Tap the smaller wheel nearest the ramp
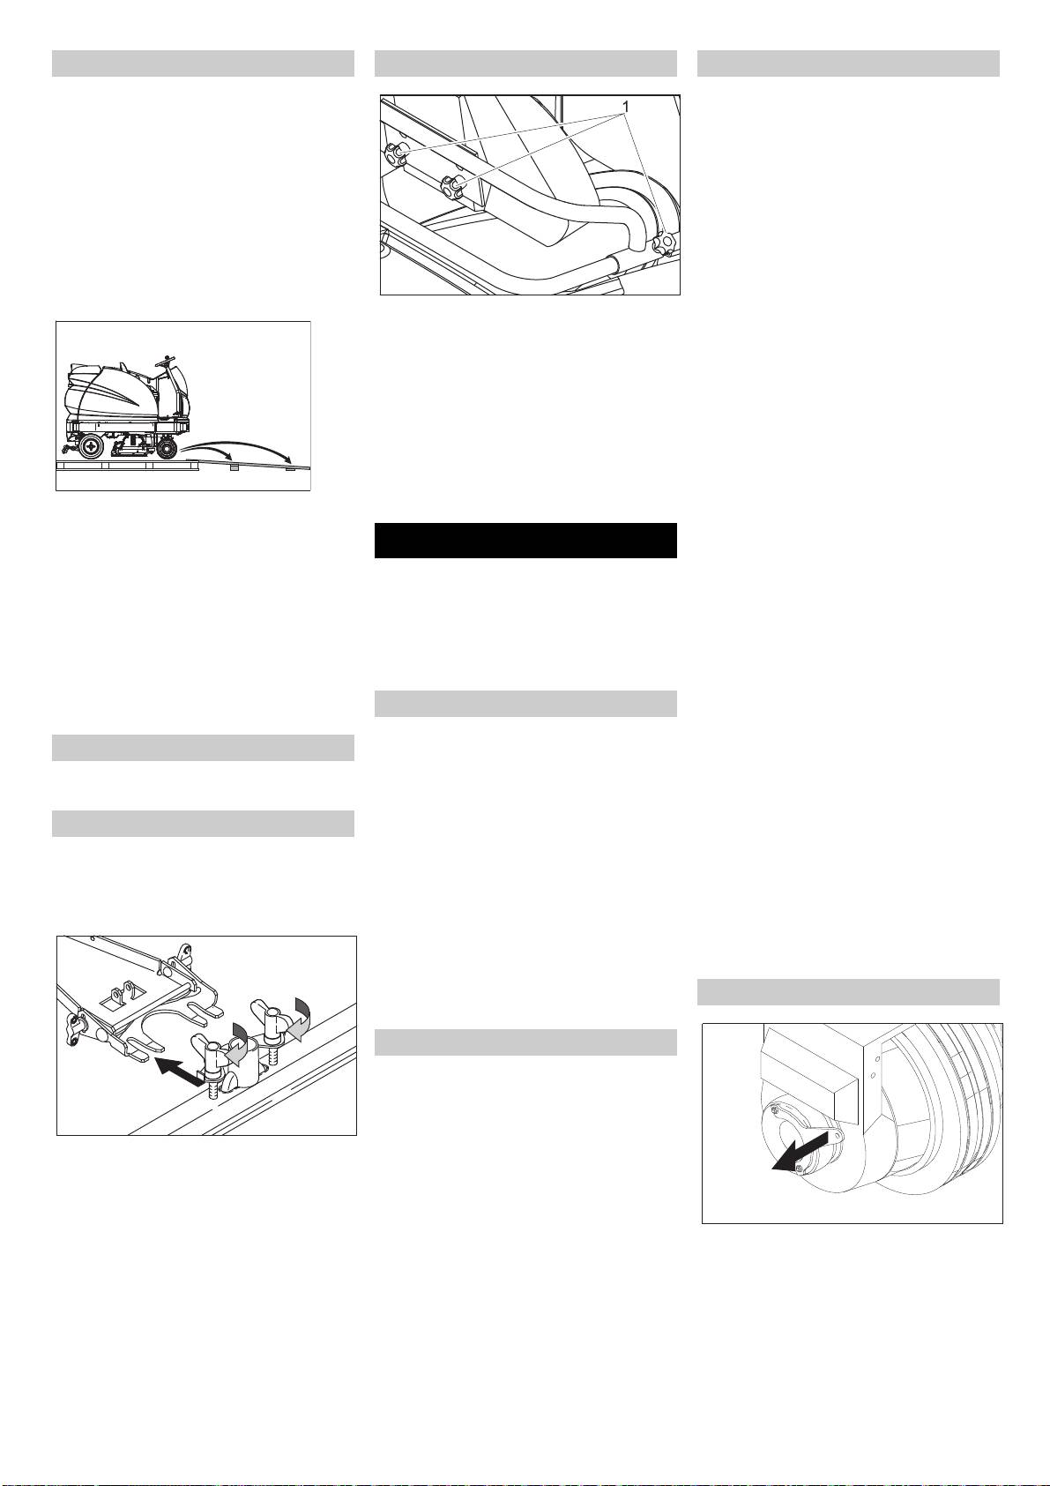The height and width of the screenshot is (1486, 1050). point(168,450)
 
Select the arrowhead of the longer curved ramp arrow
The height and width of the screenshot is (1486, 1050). point(288,461)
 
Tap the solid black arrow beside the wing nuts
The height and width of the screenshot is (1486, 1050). point(178,1070)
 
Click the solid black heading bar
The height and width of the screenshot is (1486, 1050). point(525,541)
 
